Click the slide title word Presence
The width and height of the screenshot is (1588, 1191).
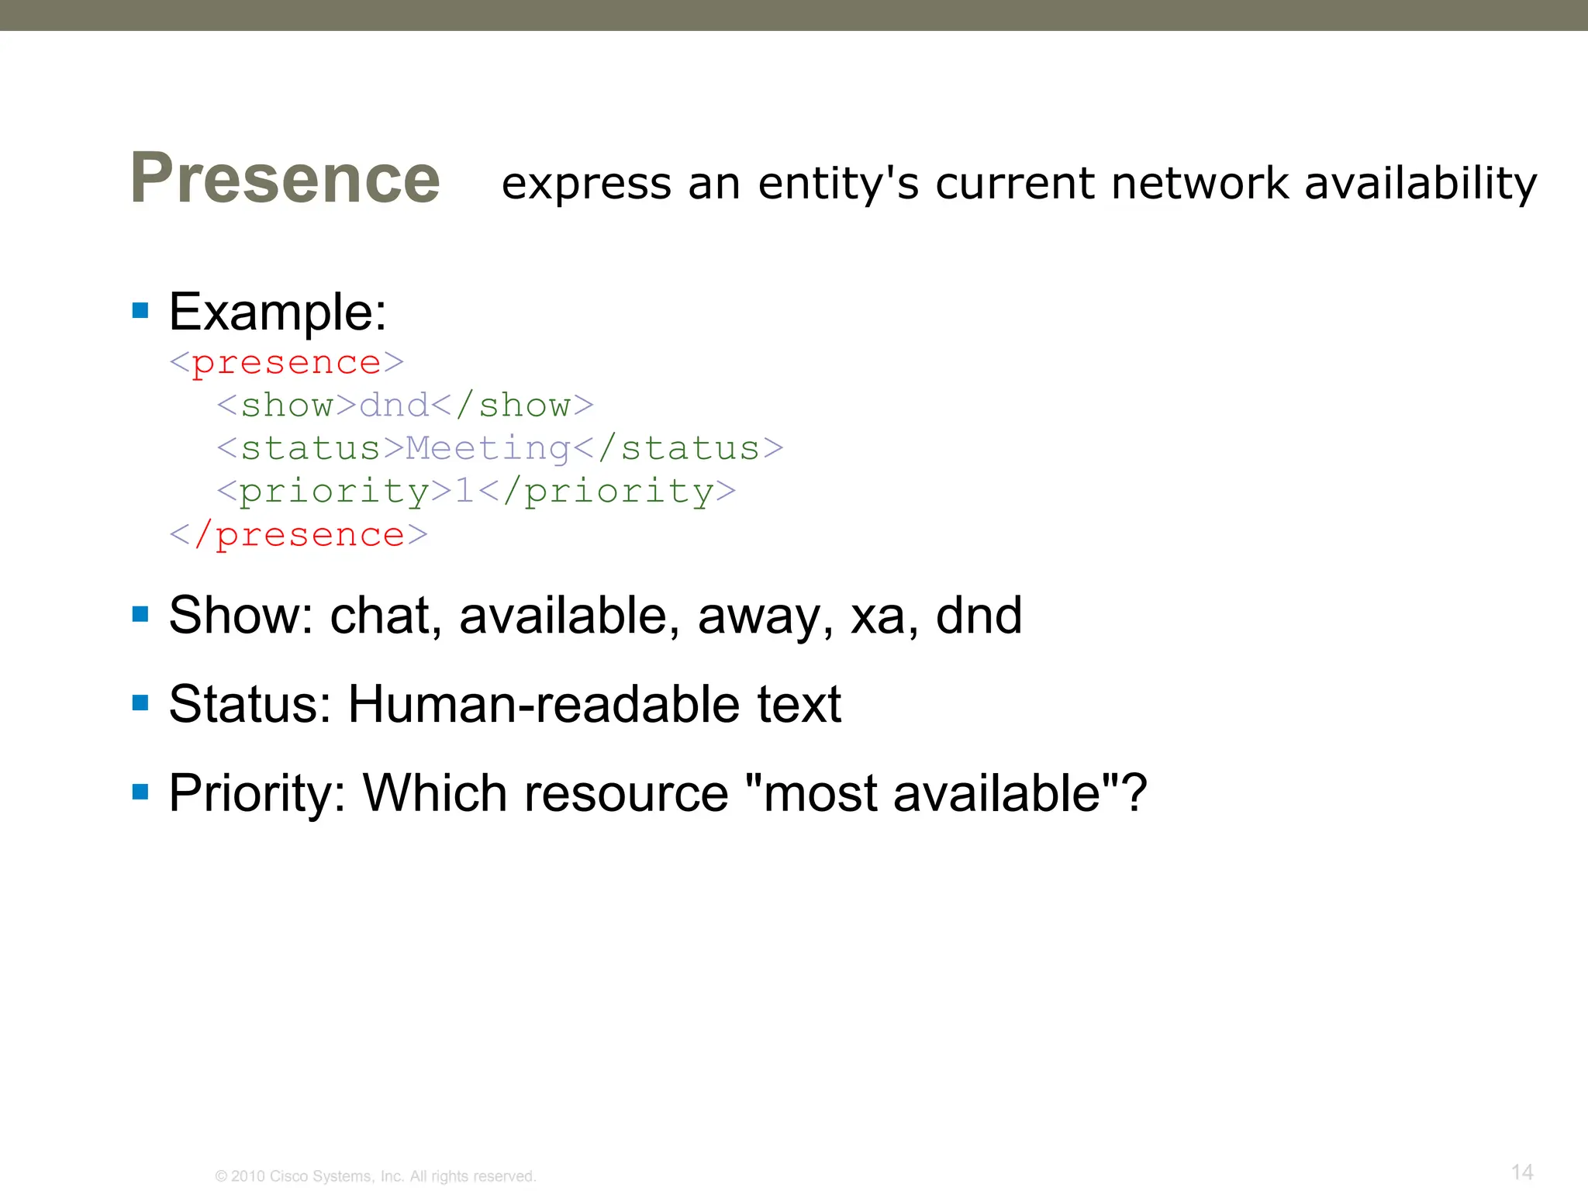(x=285, y=178)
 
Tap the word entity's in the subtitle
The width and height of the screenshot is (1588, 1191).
(x=837, y=185)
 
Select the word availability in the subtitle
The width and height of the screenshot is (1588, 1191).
(x=1421, y=185)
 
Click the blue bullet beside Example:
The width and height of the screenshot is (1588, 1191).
(x=140, y=311)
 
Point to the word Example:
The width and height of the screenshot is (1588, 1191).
(x=278, y=312)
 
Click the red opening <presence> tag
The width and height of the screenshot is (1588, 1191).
(x=287, y=363)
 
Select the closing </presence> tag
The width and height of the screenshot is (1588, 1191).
(x=299, y=535)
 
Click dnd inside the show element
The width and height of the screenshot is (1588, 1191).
(x=394, y=406)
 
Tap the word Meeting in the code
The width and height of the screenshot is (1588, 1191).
(x=488, y=449)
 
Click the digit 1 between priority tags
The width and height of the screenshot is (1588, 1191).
(x=464, y=492)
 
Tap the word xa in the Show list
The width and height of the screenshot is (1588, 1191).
(x=878, y=616)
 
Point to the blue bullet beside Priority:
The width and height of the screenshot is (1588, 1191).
(x=140, y=792)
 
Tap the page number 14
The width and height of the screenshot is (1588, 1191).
(x=1522, y=1172)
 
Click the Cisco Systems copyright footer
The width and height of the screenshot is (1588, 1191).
(x=375, y=1176)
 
